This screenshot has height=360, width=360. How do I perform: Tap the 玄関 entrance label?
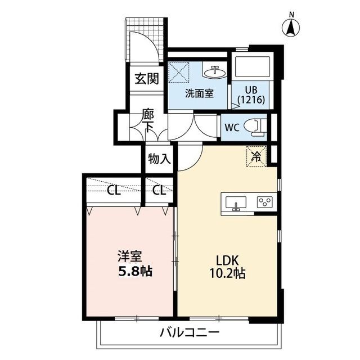point(146,78)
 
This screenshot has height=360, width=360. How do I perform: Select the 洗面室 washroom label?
point(199,93)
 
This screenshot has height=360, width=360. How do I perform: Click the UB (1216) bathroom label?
point(251,95)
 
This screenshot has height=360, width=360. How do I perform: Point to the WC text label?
point(231,127)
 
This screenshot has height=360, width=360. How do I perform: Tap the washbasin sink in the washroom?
point(214,73)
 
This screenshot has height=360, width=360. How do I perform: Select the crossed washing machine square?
point(182,73)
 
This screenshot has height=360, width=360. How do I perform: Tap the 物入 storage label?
point(159,159)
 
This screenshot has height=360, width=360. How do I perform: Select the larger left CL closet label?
point(114,190)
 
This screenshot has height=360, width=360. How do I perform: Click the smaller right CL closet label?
point(159,190)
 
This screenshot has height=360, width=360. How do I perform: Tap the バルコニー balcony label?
point(189,332)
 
